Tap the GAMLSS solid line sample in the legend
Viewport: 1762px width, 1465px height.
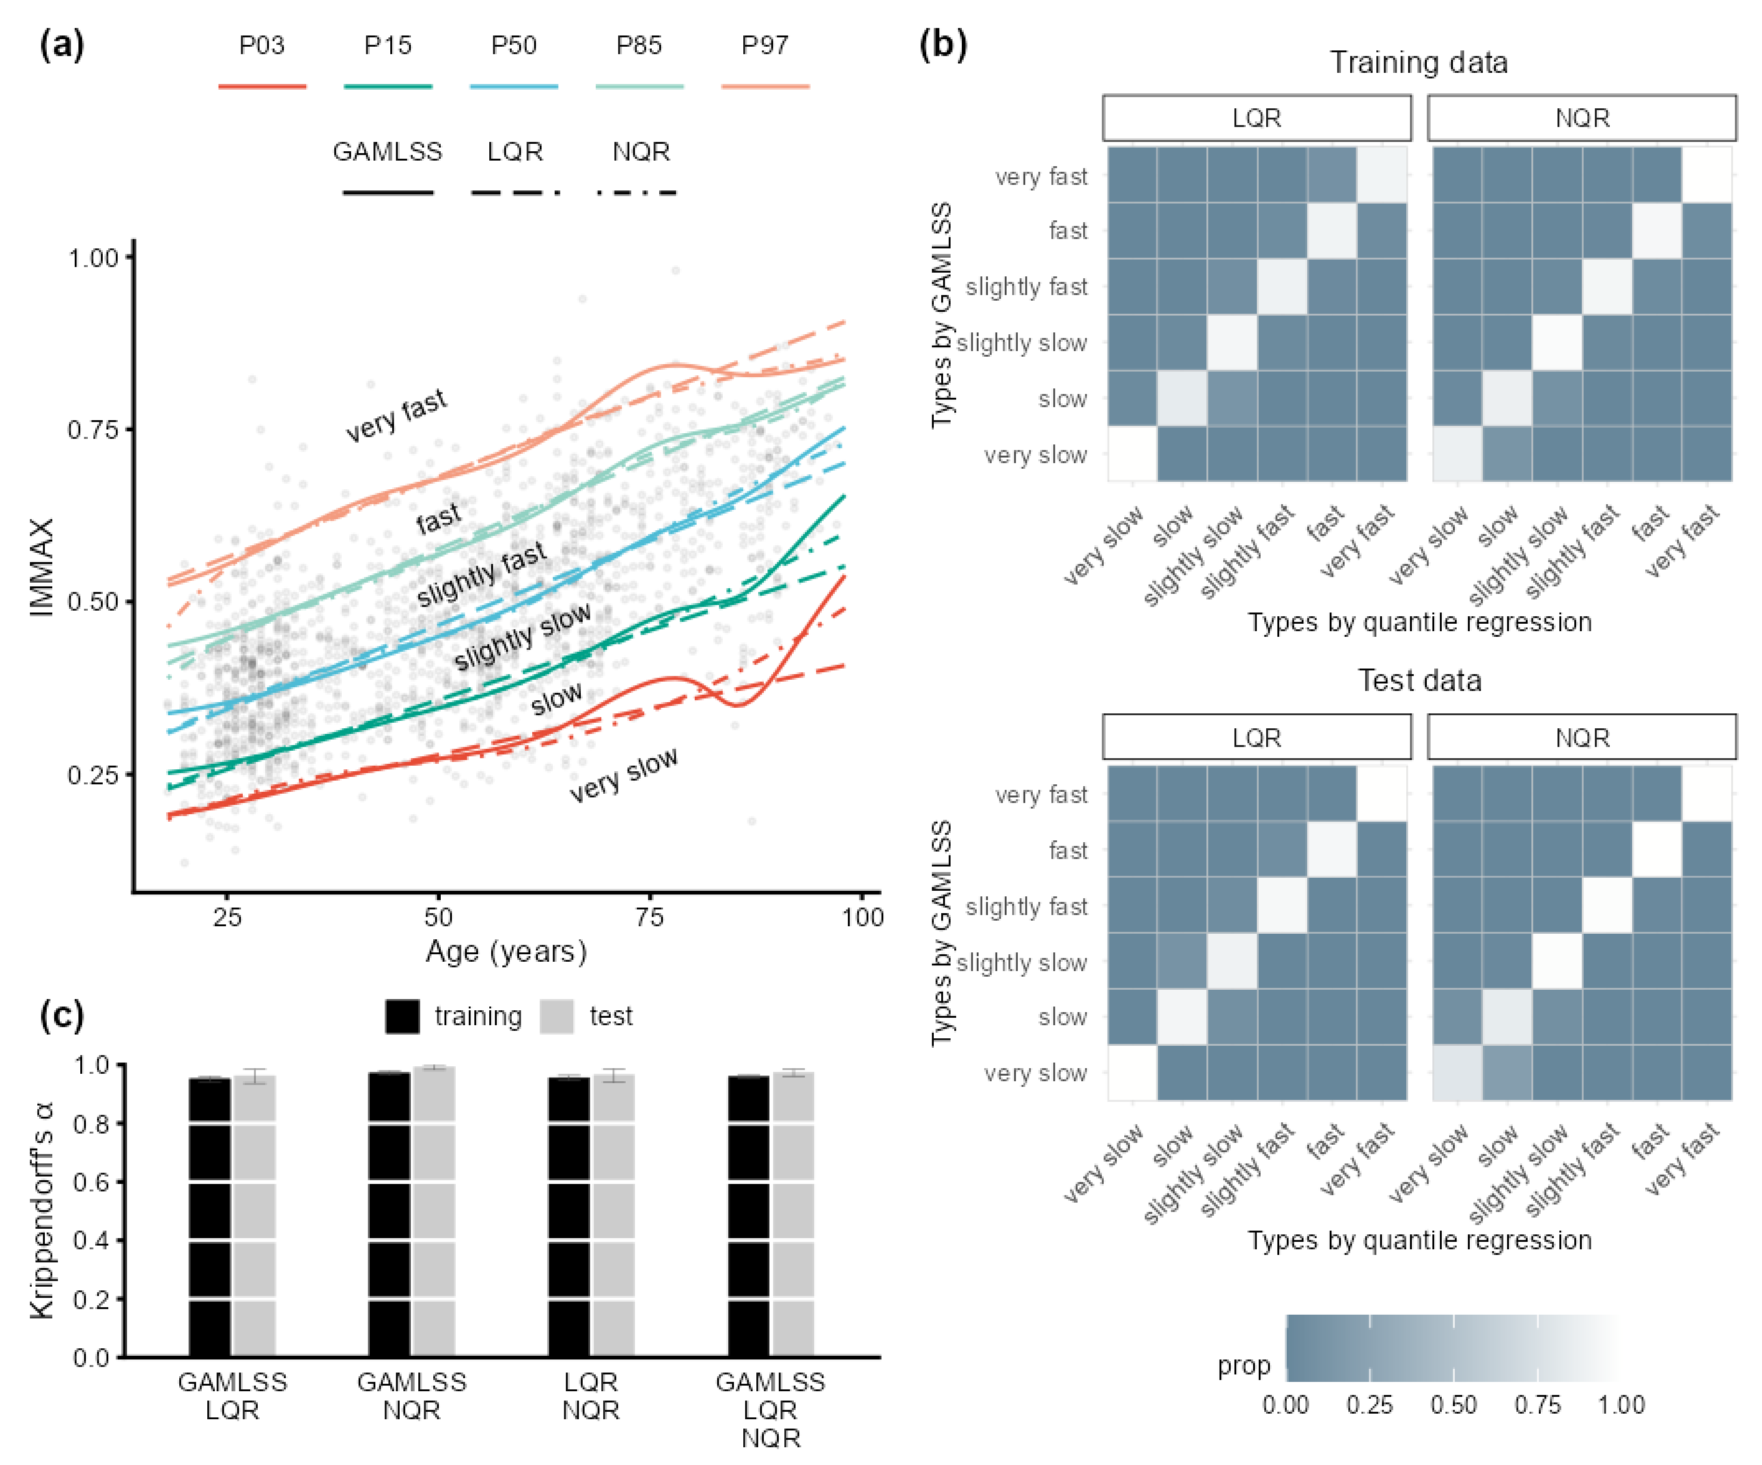click(388, 193)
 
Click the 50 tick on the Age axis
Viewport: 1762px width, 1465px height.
click(438, 916)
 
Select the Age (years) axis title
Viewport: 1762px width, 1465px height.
click(506, 951)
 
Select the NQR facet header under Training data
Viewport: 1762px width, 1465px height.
click(1582, 118)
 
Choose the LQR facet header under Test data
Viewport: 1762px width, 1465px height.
click(1256, 738)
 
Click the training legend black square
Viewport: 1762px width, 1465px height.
click(403, 1016)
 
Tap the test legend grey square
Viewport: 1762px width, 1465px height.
click(557, 1016)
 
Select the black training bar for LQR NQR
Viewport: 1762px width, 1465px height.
click(569, 1217)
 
